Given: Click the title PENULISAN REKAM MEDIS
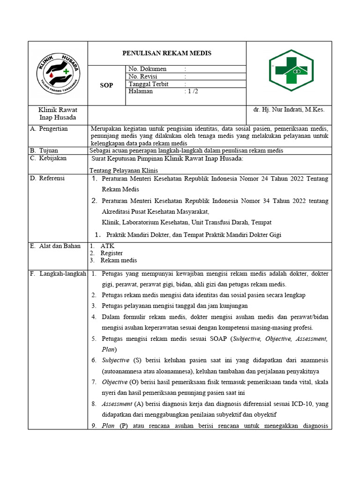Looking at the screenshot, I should (x=167, y=53).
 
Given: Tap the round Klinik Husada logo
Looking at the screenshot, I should (x=58, y=73).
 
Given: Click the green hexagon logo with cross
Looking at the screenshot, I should (x=289, y=73).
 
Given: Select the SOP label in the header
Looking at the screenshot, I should (x=107, y=85).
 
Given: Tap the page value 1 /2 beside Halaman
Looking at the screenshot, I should (x=192, y=91).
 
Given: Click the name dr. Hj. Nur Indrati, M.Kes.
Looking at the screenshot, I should (x=289, y=110).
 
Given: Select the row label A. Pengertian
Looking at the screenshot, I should (x=49, y=128).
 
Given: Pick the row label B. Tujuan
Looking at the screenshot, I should (x=44, y=150).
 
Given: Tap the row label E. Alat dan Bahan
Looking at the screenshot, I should (x=55, y=246).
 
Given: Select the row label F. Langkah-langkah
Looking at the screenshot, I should (x=58, y=274).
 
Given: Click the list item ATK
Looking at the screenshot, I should (x=107, y=246).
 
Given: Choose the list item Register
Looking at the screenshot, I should (x=112, y=253).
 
